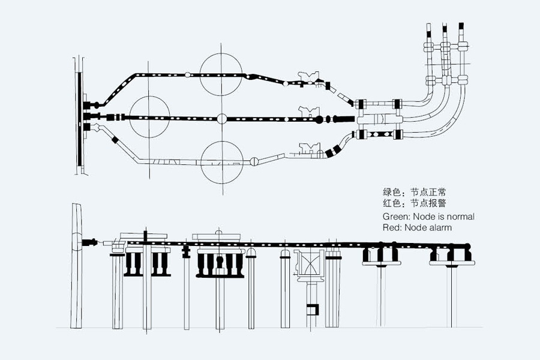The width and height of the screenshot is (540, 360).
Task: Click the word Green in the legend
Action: pos(395,216)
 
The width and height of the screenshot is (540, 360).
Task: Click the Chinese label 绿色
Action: pos(391,193)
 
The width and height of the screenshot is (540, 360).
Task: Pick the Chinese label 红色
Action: pos(391,204)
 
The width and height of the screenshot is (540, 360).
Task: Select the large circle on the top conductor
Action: pos(221,74)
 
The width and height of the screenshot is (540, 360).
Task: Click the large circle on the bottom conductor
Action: pos(221,161)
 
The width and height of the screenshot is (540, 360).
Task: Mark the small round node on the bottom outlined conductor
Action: pos(254,161)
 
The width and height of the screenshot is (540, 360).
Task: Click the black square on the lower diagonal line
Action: pos(114,140)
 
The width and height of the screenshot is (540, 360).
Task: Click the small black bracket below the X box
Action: pos(311,310)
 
